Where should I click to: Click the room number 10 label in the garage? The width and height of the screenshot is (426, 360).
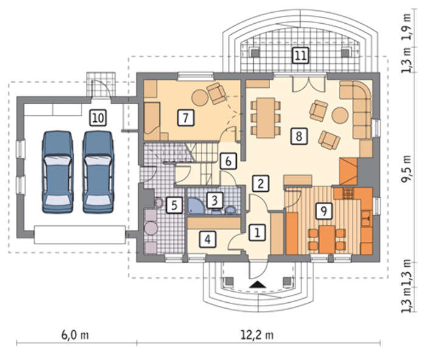tap(98, 118)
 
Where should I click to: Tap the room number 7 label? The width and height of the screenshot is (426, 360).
tap(186, 118)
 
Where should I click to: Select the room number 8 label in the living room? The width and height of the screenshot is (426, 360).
tap(299, 136)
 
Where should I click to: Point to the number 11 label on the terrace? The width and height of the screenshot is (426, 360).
tap(301, 55)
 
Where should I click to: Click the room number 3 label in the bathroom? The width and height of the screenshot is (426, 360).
tap(215, 200)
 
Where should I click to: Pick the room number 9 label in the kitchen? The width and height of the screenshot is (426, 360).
tap(324, 211)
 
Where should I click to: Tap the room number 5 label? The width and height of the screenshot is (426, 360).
tap(174, 205)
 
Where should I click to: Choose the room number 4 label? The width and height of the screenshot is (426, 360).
tap(208, 239)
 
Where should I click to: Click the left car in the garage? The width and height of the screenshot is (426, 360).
tap(58, 172)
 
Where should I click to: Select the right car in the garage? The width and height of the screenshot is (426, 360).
tap(98, 172)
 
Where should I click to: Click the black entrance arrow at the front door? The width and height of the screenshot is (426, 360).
tap(257, 284)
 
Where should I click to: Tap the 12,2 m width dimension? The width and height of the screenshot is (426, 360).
tap(257, 334)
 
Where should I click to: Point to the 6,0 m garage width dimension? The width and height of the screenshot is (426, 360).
tap(75, 334)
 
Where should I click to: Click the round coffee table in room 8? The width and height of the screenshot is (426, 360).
tap(340, 116)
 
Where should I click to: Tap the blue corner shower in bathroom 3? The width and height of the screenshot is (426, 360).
tap(196, 206)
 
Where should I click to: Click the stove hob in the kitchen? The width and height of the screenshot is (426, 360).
tap(347, 193)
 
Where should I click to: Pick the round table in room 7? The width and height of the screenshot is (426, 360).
tap(200, 98)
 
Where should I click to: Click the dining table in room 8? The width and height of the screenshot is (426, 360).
tap(266, 118)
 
